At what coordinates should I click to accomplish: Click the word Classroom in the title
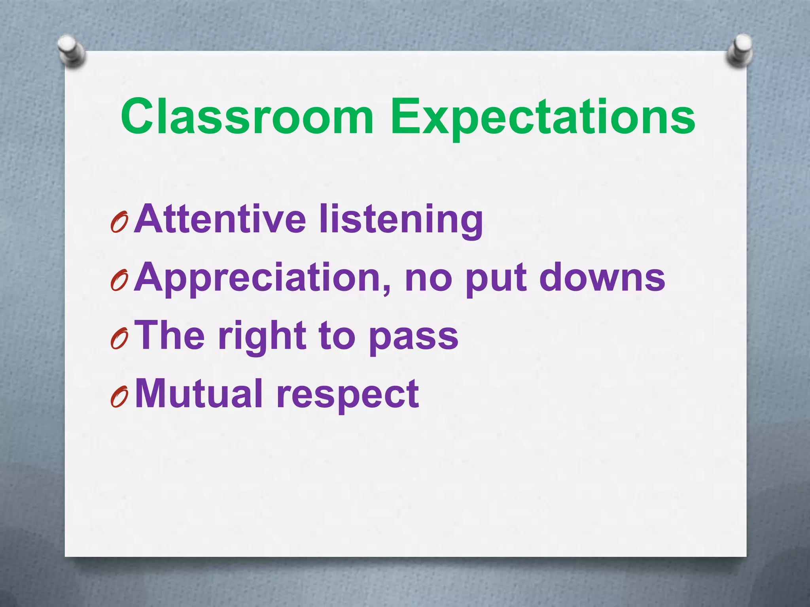click(x=247, y=117)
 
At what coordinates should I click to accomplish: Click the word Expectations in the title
click(x=543, y=119)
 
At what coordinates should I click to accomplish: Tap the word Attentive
click(x=220, y=219)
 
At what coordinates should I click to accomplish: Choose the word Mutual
click(x=199, y=394)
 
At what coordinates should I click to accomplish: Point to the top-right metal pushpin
click(x=740, y=51)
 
